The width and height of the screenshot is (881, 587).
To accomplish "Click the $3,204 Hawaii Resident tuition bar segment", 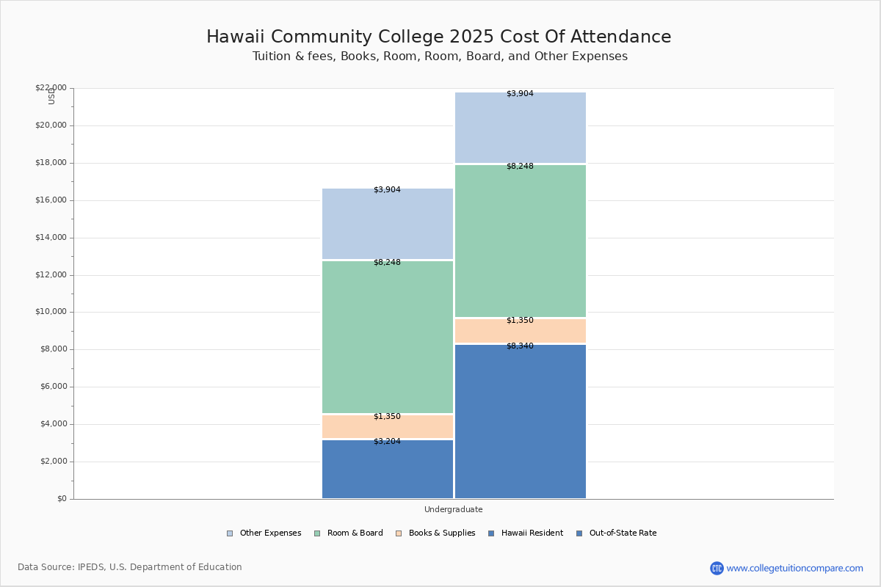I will tap(387, 470).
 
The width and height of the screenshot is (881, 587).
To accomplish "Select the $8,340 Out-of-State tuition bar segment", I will tap(520, 422).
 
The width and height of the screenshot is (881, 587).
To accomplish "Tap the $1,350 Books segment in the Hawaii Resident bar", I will tap(387, 427).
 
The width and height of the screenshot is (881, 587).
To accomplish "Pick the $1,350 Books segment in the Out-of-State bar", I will tap(520, 331).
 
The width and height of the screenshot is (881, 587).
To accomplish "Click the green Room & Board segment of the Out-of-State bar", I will tap(520, 241).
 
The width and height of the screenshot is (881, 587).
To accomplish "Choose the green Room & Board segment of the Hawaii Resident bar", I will tap(387, 338).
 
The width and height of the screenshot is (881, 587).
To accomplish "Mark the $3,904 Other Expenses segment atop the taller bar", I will tap(520, 128).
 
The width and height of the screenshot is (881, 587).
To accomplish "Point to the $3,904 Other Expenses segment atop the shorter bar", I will tap(387, 224).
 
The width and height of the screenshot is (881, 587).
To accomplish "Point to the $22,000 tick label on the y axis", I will tap(51, 88).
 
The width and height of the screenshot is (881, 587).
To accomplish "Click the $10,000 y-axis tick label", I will tap(51, 312).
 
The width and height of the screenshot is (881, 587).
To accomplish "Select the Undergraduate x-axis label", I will tap(453, 509).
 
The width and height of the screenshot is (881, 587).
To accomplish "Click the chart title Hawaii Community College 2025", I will tap(438, 37).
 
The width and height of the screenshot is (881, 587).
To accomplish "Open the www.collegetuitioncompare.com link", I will tap(794, 568).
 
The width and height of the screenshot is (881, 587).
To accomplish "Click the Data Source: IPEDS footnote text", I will tap(130, 567).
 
